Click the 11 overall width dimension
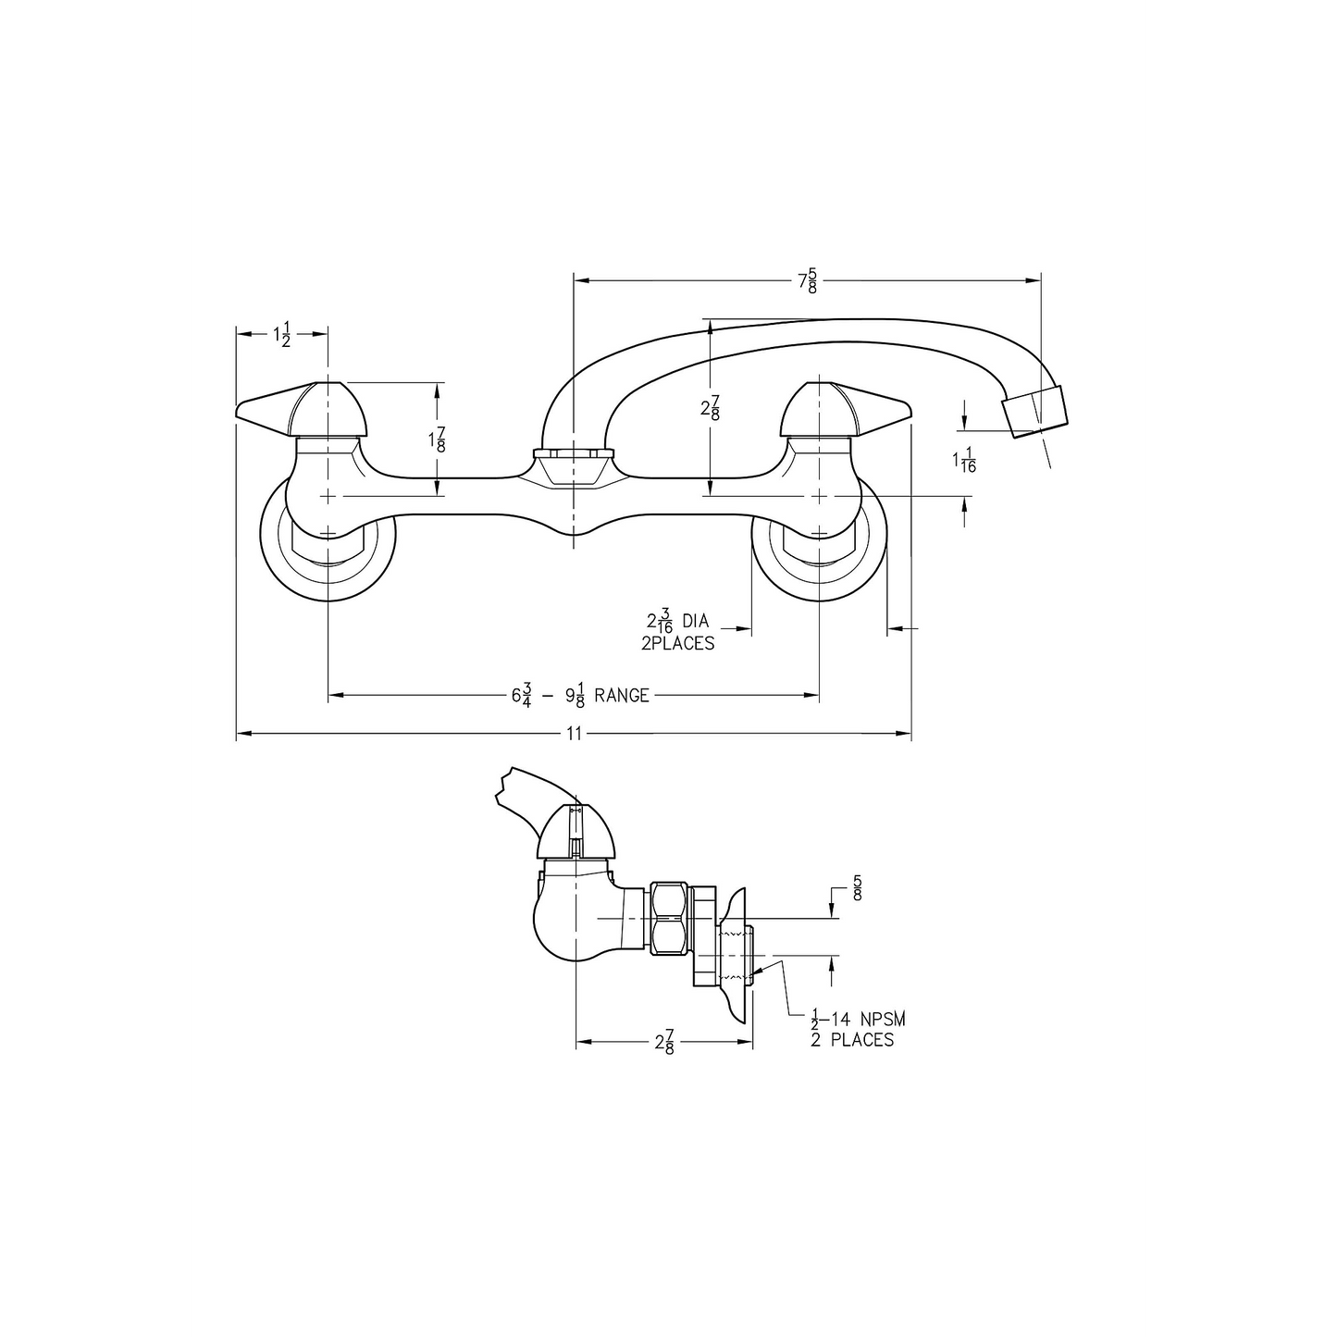pos(574,734)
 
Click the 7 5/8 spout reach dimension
pos(808,279)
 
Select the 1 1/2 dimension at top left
pos(282,335)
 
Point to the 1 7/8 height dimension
pos(439,438)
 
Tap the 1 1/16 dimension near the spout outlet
pos(964,461)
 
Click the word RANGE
pos(622,695)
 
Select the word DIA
pos(694,622)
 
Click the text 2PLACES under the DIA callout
pos(677,644)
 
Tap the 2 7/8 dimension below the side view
pos(664,1043)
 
